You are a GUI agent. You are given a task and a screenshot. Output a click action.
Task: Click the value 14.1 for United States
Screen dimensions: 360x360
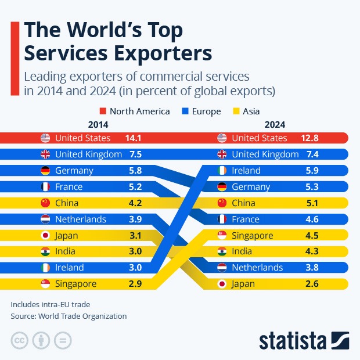click(134, 138)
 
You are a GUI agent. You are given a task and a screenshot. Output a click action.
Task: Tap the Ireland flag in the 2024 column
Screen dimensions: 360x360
click(222, 171)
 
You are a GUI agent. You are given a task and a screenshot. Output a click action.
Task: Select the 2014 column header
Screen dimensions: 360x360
click(98, 124)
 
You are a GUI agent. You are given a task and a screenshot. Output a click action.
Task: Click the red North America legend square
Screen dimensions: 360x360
click(102, 111)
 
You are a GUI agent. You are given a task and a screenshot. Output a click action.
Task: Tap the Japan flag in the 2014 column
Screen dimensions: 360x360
click(45, 236)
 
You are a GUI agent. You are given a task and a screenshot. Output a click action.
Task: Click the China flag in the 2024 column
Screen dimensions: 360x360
click(222, 203)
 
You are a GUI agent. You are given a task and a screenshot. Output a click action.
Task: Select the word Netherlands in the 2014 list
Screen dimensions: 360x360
click(81, 219)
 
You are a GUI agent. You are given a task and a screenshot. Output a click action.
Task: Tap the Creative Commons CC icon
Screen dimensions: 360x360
click(19, 340)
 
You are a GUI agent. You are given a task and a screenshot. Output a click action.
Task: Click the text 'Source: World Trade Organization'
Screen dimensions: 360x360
click(69, 316)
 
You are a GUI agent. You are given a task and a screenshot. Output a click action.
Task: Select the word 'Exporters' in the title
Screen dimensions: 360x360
click(152, 53)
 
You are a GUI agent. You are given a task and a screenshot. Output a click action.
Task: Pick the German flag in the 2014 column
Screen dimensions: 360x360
click(45, 171)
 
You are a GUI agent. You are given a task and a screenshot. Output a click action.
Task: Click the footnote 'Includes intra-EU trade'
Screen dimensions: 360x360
click(51, 304)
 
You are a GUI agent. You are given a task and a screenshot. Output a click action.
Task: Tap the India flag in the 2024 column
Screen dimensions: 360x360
click(222, 252)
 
